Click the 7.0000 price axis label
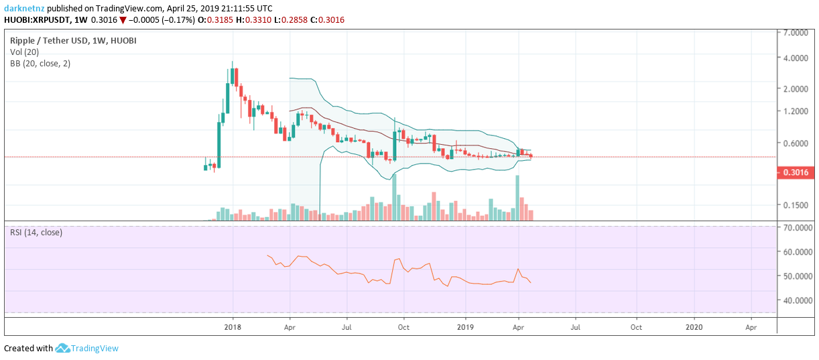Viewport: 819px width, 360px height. (x=795, y=32)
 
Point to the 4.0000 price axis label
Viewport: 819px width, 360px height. (x=795, y=58)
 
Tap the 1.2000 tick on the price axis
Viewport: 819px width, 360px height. (x=795, y=111)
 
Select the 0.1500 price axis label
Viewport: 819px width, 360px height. (x=795, y=205)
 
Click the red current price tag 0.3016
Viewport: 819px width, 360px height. (x=794, y=172)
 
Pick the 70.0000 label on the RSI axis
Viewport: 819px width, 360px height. (x=797, y=228)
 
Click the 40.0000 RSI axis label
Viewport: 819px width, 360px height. (x=797, y=300)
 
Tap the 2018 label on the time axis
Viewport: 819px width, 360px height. (x=233, y=327)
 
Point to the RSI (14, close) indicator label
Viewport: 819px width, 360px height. (x=36, y=233)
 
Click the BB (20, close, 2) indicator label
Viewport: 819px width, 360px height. (x=40, y=63)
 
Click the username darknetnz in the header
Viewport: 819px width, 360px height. (x=25, y=8)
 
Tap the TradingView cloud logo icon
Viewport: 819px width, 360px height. (x=63, y=348)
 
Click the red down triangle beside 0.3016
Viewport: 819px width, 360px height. (x=123, y=19)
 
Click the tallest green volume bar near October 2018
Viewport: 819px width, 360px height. (x=395, y=197)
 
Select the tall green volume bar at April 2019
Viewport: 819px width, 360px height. (x=517, y=198)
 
